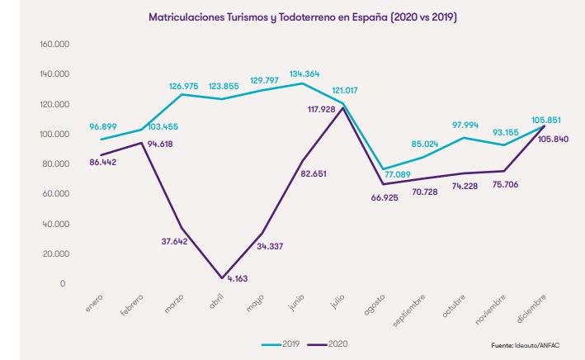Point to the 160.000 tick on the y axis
coord(52,44)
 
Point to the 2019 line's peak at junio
coord(303,83)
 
